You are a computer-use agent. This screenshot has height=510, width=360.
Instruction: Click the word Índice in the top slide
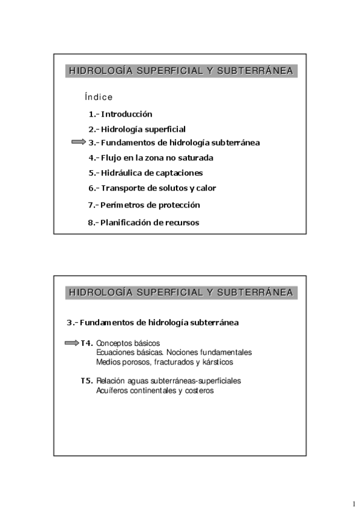click(99, 97)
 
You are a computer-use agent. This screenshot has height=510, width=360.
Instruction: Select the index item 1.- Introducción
click(120, 114)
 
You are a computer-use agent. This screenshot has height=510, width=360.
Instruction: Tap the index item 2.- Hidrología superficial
click(137, 129)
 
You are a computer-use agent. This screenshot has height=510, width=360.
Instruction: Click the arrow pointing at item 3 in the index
click(79, 143)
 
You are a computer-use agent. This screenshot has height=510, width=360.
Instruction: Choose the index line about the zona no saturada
click(150, 158)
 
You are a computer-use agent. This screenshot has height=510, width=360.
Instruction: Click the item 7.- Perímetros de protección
click(144, 205)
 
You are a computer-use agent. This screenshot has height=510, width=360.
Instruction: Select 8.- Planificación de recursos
click(144, 223)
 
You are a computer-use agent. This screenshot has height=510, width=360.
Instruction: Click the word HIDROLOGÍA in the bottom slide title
click(100, 293)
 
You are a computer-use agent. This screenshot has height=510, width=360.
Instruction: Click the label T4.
click(87, 343)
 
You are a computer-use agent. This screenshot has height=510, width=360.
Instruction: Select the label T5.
click(87, 381)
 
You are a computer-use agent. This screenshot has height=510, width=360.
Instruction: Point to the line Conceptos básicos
click(124, 343)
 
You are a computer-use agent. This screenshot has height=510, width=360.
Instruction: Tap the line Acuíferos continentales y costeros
click(154, 390)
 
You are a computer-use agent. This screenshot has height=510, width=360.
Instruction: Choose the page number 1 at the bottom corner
click(355, 503)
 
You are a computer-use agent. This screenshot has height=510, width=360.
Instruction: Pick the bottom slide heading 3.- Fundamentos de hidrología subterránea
click(152, 322)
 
